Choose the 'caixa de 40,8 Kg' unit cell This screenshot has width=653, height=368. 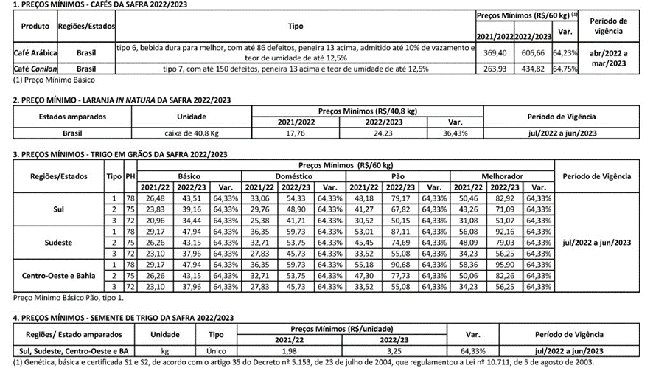pyautogui.click(x=190, y=133)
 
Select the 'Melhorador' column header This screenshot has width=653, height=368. pyautogui.click(x=502, y=177)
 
